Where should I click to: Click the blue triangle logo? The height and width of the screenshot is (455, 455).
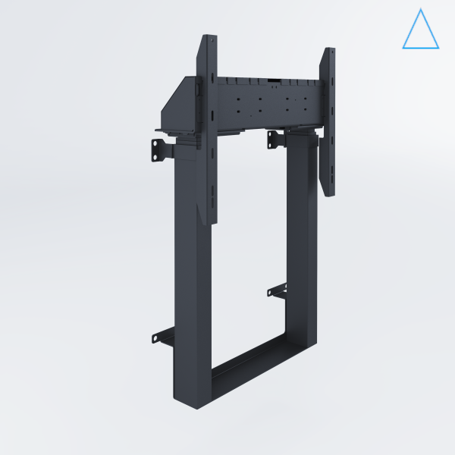coord(419,30)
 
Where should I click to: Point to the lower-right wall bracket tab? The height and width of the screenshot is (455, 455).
coord(278,291)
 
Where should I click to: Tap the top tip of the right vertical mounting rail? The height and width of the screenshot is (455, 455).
coord(330,51)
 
